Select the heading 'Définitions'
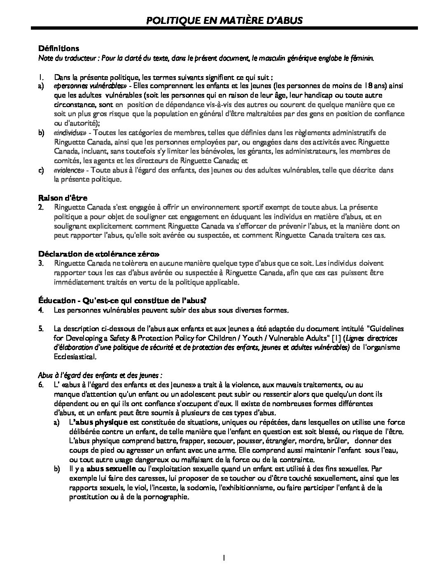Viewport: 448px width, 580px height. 58,49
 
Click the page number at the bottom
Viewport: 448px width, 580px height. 224,558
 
